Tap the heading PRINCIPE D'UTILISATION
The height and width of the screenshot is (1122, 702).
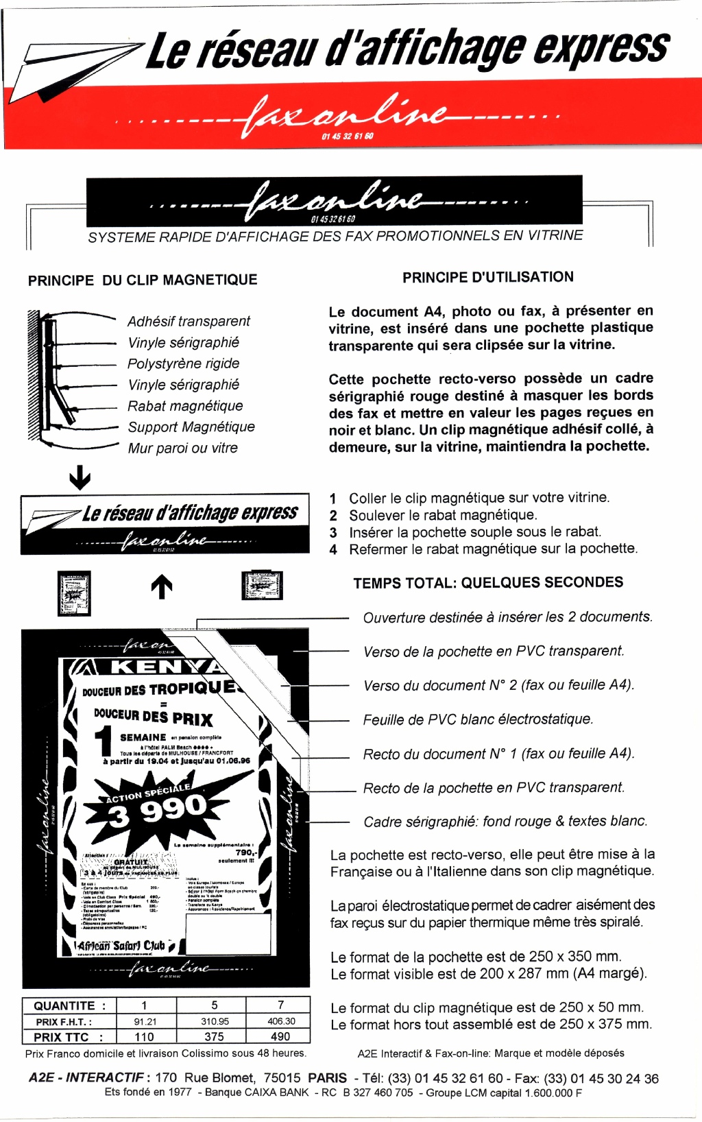(487, 278)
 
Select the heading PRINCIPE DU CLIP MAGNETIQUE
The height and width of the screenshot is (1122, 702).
(143, 280)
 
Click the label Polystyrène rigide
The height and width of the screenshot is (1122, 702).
(183, 363)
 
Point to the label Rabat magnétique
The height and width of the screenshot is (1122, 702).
(185, 406)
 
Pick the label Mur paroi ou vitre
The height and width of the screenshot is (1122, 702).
(182, 449)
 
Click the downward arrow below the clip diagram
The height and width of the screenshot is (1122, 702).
(80, 477)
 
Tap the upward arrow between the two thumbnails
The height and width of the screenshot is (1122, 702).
(161, 586)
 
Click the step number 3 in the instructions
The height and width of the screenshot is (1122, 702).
(333, 533)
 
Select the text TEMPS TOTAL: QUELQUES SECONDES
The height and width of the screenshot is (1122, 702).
(488, 583)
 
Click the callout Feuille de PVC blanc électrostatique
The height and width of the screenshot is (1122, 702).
(478, 719)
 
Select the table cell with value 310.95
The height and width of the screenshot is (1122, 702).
(215, 1022)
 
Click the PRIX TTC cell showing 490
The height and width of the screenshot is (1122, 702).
(280, 1037)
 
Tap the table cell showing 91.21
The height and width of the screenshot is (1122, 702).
(145, 1022)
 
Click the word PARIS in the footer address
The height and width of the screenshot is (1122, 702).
(327, 1079)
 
